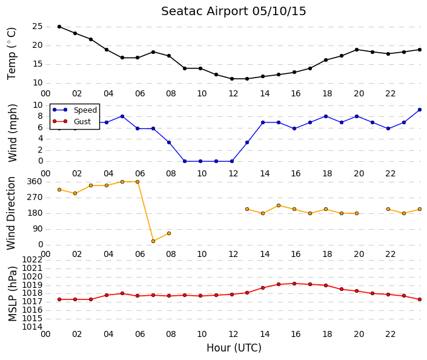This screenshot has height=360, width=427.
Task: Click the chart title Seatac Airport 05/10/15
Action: [234, 12]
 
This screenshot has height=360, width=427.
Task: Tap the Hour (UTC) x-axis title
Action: [234, 348]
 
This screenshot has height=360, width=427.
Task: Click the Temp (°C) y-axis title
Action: [12, 54]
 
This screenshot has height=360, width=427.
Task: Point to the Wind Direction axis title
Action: [11, 213]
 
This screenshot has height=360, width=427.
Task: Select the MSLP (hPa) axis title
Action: [12, 294]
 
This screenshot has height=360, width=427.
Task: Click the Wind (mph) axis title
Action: [13, 133]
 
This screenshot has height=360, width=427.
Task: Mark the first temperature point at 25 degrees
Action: [59, 27]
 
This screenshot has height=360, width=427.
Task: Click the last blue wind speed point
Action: [420, 110]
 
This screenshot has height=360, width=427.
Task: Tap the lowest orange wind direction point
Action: [153, 241]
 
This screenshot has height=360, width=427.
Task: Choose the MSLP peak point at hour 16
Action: [294, 284]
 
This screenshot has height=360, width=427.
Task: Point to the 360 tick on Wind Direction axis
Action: [35, 182]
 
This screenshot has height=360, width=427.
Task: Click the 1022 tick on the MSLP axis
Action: [32, 260]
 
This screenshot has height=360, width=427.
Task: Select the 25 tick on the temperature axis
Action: [38, 27]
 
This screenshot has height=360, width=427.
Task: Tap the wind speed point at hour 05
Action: [122, 116]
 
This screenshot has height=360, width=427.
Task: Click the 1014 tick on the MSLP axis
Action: [32, 327]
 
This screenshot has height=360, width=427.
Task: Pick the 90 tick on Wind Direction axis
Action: [38, 229]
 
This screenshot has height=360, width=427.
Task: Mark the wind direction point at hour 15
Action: [279, 205]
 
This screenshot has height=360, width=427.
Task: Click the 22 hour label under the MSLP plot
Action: [390, 335]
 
